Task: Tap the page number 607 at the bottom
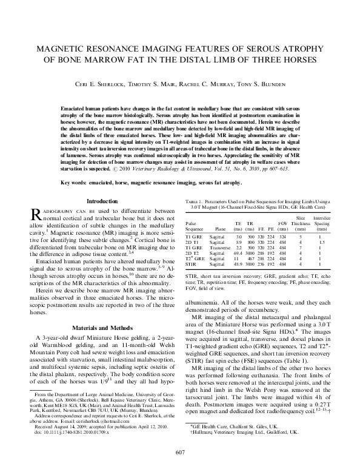click(x=179, y=451)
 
